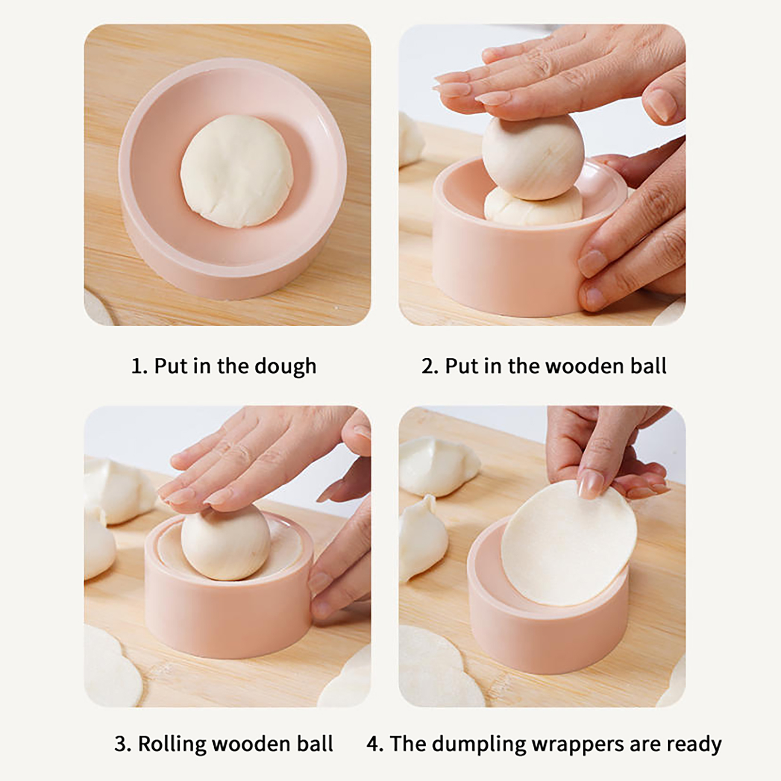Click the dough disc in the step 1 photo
pyautogui.click(x=237, y=172)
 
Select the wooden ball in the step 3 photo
pyautogui.click(x=226, y=542)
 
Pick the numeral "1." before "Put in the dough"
pyautogui.click(x=139, y=366)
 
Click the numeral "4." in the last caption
pyautogui.click(x=375, y=744)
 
